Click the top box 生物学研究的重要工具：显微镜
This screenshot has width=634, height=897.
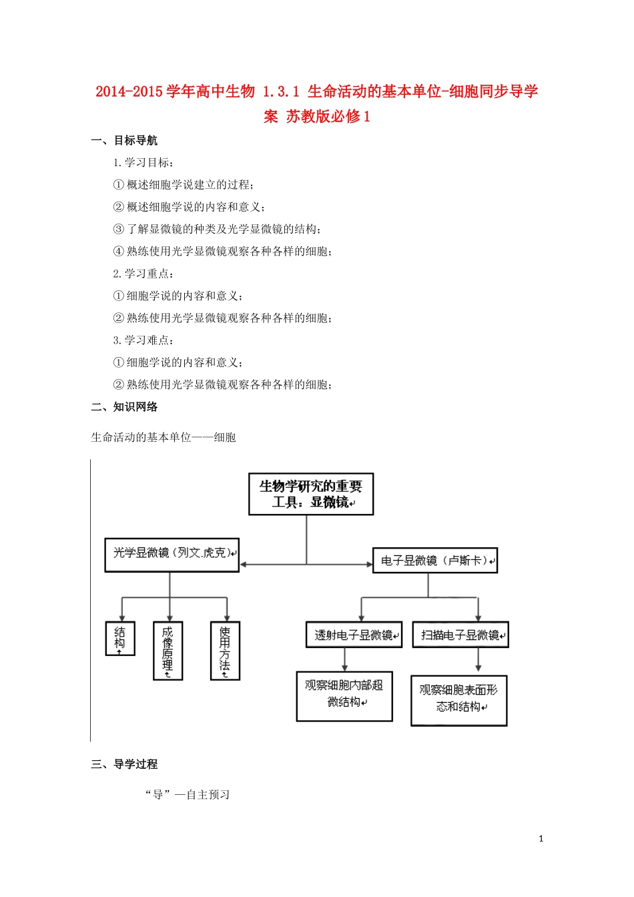[x=311, y=494]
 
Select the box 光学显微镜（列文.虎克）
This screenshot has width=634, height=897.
[x=172, y=555]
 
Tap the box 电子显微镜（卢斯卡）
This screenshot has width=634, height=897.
[x=435, y=561]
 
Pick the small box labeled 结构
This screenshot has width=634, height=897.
[x=120, y=638]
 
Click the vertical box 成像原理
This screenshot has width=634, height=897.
[x=168, y=651]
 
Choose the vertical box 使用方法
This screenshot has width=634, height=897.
[x=225, y=651]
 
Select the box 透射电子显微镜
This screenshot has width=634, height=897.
[x=354, y=635]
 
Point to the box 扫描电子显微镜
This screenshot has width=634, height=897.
[x=460, y=635]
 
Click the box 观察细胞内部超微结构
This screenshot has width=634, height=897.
[x=344, y=696]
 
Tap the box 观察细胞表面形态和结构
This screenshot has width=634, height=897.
[x=459, y=700]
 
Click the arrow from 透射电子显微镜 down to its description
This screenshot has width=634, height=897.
[x=345, y=659]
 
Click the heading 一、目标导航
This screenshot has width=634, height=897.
[x=125, y=140]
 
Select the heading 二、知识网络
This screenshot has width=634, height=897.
[x=125, y=406]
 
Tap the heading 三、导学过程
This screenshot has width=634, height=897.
[x=125, y=764]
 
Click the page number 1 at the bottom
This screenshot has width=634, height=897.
[x=541, y=839]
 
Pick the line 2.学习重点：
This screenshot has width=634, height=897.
[x=143, y=274]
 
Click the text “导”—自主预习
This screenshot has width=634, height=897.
[x=188, y=794]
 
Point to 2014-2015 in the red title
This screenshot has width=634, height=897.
[x=129, y=91]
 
